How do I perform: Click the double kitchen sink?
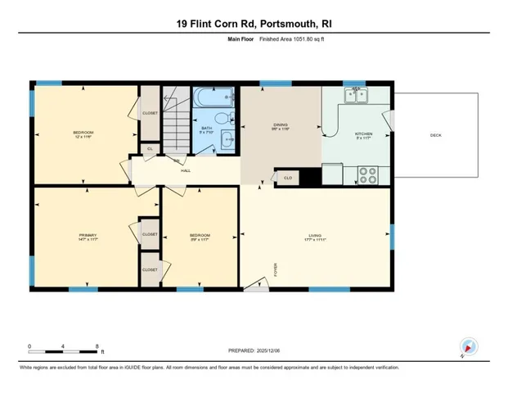click(x=356, y=95)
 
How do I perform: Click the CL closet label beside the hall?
click(x=149, y=148)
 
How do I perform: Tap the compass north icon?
click(x=468, y=345)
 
